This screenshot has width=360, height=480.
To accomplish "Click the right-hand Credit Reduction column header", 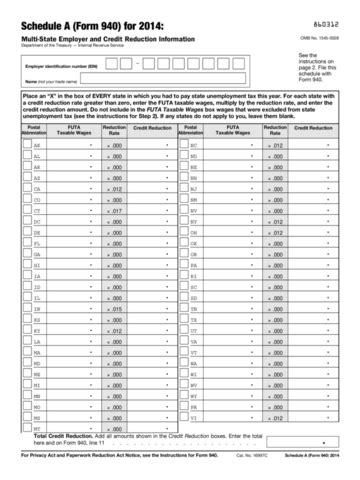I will [x=315, y=129].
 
